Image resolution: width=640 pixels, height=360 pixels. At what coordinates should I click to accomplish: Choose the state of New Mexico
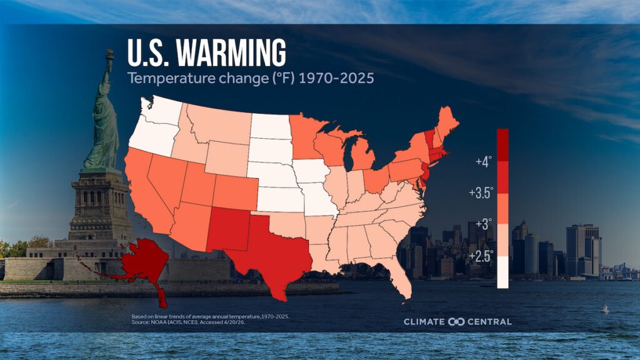point(227,229)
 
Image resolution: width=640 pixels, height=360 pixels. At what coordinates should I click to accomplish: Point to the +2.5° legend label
point(481,256)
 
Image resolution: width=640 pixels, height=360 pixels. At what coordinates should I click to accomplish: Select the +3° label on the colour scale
point(483,223)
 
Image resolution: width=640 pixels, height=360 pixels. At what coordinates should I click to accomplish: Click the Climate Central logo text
point(457,322)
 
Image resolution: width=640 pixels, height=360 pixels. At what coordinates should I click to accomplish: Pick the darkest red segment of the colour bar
point(502,144)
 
